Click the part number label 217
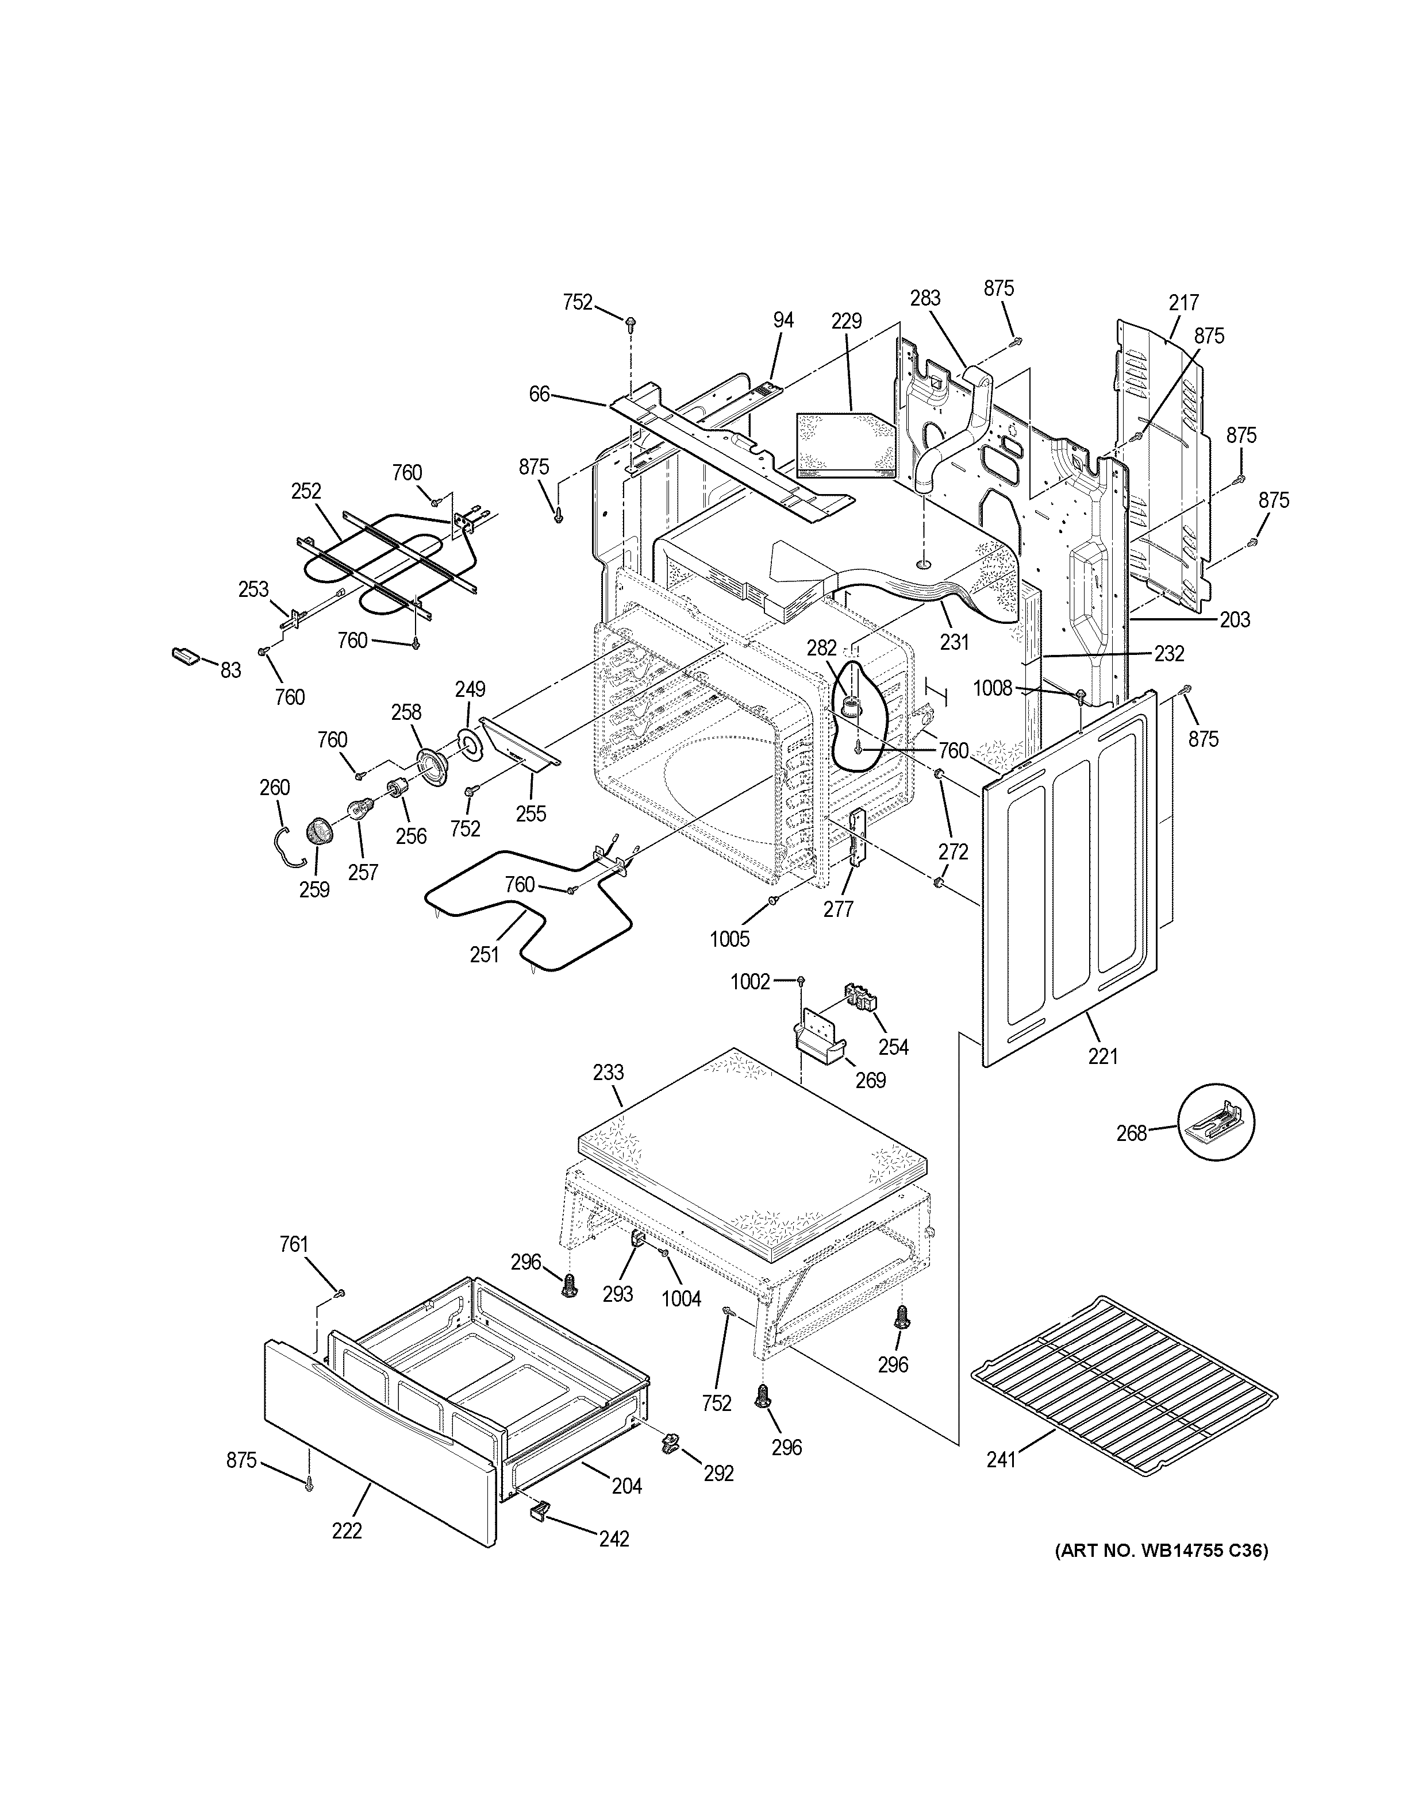click(x=1183, y=303)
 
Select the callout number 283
click(x=925, y=298)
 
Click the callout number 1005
click(x=730, y=939)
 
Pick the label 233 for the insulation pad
click(x=609, y=1073)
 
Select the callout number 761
click(x=293, y=1267)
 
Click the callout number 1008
click(x=993, y=688)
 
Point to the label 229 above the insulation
click(x=846, y=321)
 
